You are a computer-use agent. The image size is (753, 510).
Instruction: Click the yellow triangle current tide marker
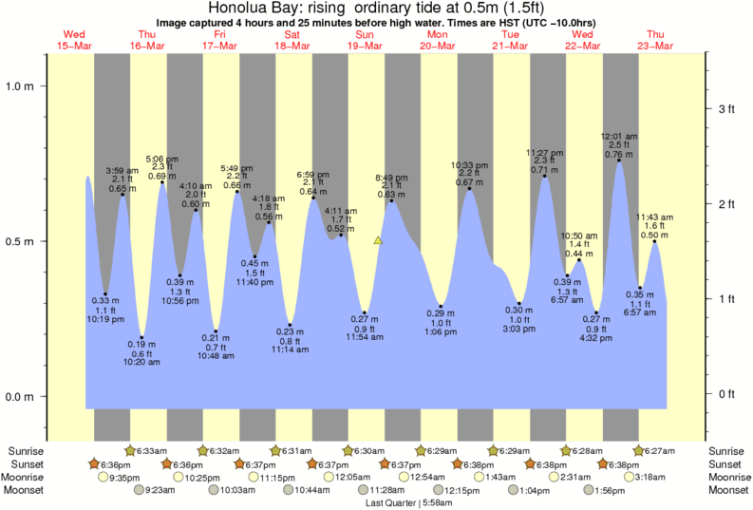[378, 241]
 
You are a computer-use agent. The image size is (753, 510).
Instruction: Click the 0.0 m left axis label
[20, 397]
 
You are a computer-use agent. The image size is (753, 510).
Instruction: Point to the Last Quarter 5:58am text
[409, 502]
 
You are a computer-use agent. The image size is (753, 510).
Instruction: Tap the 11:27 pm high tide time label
[545, 153]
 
